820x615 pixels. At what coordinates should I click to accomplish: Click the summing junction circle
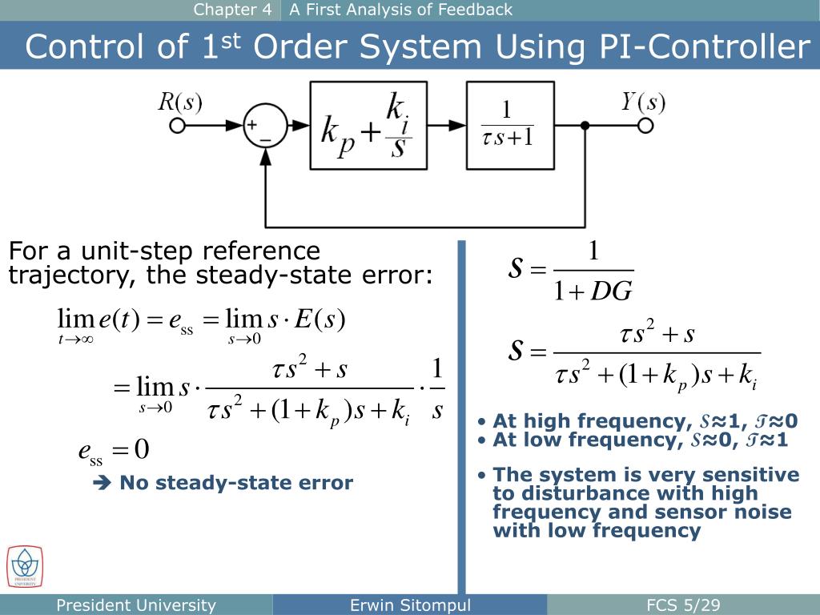click(265, 126)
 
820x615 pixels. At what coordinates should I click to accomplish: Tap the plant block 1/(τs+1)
click(509, 127)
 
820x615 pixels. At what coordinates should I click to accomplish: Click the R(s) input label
click(179, 102)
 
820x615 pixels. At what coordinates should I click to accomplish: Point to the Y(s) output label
click(643, 102)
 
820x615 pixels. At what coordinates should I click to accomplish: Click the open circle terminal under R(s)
click(178, 126)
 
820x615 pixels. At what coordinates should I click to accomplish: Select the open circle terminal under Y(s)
click(645, 126)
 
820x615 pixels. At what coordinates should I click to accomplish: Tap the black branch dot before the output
click(585, 126)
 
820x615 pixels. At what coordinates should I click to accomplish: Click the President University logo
click(25, 565)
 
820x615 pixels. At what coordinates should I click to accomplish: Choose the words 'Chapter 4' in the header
click(233, 10)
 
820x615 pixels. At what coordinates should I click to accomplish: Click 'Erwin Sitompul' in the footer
click(410, 605)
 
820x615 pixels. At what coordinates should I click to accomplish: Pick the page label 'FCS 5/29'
click(684, 605)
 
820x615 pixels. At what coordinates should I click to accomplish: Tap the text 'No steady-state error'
click(236, 483)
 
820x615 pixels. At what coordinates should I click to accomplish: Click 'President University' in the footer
click(136, 605)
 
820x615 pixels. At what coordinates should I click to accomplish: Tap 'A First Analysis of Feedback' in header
click(400, 10)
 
